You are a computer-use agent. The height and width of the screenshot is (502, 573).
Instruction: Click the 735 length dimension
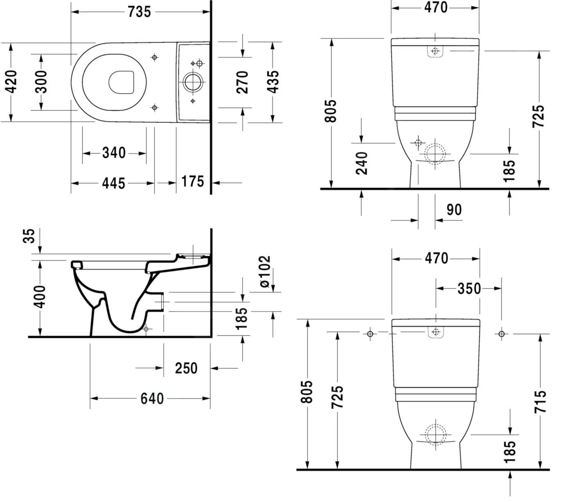coord(139,12)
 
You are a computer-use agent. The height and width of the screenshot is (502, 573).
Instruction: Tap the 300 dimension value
coord(41,81)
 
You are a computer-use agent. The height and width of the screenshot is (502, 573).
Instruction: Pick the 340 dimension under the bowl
coord(114,153)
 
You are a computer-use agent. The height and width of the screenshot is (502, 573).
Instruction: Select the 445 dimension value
coord(113,183)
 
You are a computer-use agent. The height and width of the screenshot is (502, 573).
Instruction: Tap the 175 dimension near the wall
coord(192,181)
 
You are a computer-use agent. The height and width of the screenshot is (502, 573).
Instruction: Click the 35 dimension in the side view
coord(29,236)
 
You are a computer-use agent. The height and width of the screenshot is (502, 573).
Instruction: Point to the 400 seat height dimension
coord(40,297)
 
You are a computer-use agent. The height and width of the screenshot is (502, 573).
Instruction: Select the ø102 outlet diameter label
coord(265,271)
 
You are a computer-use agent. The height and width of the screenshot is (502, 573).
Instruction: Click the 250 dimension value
coord(186,368)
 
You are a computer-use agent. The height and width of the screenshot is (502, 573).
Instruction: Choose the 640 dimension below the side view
coord(152,398)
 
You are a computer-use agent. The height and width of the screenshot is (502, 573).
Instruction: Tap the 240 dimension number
coord(362,163)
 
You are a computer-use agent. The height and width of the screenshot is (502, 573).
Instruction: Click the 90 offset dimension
coord(454,210)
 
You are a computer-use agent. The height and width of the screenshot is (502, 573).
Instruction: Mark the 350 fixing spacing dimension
coord(469,288)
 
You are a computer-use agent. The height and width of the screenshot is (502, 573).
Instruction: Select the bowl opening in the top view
coord(122,82)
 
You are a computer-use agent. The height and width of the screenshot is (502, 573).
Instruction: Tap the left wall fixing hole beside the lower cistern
coord(370,334)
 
